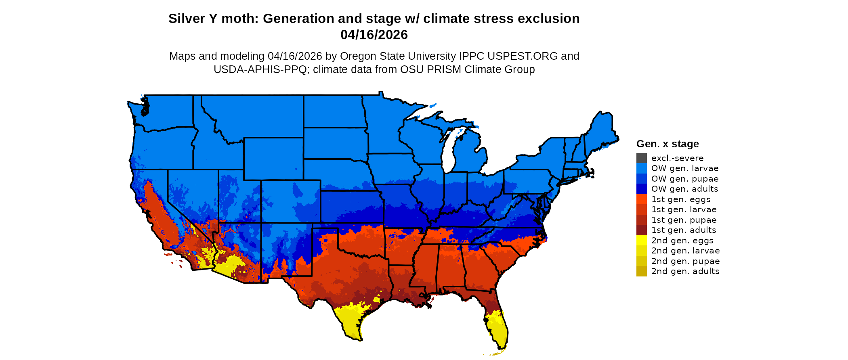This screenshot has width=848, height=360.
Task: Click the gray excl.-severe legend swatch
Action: (x=641, y=158)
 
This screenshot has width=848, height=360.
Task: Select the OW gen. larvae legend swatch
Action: (x=641, y=168)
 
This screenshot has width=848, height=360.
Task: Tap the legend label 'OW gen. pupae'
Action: (x=685, y=179)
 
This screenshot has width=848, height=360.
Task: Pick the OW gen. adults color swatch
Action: (x=641, y=189)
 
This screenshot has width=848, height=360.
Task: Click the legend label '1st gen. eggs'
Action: (x=681, y=199)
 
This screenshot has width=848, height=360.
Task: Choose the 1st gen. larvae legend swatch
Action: (x=641, y=209)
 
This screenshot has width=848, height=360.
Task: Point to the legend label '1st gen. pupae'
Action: (x=684, y=220)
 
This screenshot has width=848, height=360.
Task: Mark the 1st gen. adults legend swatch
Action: (x=641, y=230)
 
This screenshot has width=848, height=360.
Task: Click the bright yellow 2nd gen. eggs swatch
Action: (x=641, y=241)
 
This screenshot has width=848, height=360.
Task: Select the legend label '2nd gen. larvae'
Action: (x=685, y=251)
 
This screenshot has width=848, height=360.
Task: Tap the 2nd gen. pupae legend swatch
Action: (x=641, y=261)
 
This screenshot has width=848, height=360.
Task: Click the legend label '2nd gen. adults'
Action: (x=685, y=271)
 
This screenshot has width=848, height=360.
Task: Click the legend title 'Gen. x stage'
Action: (x=667, y=144)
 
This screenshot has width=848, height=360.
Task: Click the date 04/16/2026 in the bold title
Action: (x=374, y=35)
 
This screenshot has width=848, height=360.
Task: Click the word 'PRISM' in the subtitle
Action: (x=445, y=69)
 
